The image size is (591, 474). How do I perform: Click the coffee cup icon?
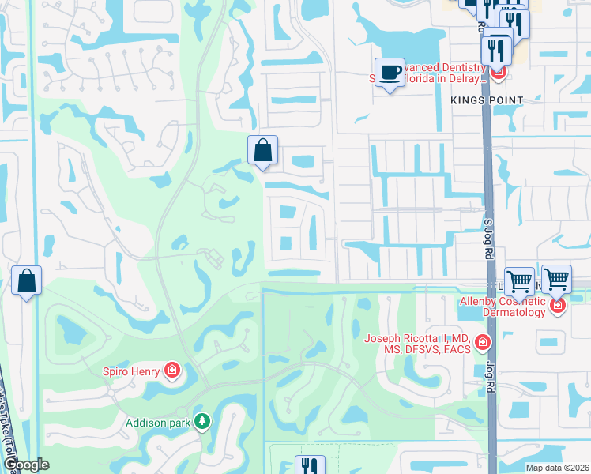pos(389,73)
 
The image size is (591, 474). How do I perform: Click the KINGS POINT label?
pos(487,100)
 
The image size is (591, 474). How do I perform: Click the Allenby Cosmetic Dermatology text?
pos(503,306)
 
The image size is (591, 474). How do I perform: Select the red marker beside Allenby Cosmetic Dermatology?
pos(558,304)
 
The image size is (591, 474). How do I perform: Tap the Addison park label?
pos(158,423)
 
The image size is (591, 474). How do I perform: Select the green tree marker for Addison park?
pos(203,422)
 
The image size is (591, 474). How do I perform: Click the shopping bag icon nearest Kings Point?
pos(262,150)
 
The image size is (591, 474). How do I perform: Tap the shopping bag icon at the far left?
pos(26,280)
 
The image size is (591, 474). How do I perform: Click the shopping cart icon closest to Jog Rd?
pos(519,280)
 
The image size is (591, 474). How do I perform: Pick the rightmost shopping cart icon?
pos(556,278)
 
